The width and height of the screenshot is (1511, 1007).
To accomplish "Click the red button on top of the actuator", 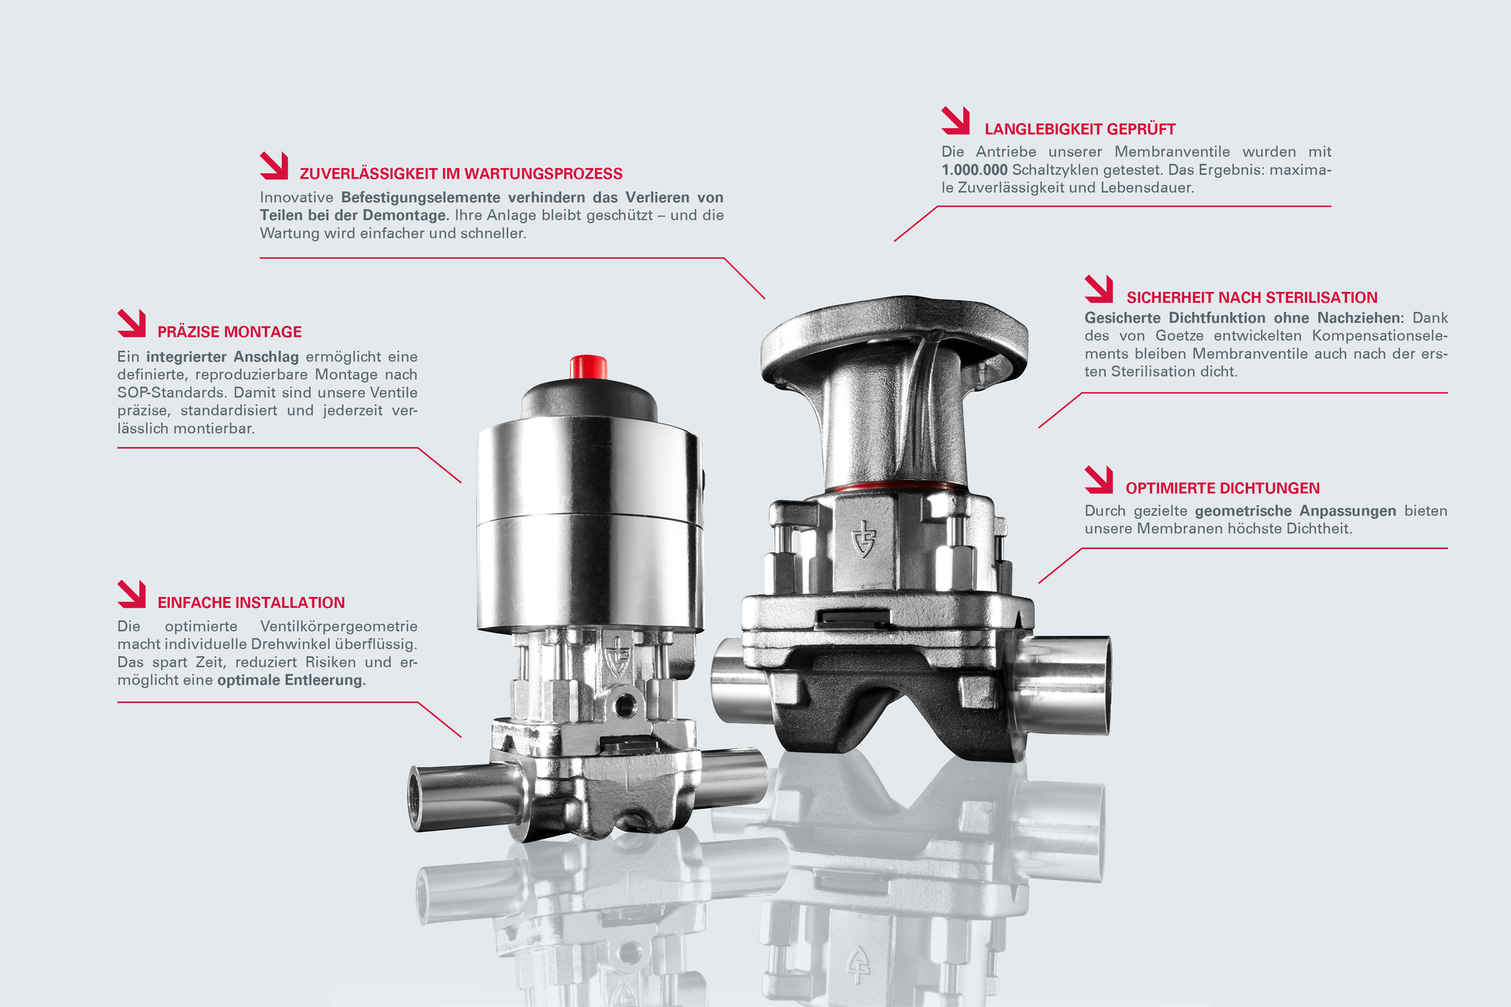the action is pyautogui.click(x=589, y=367).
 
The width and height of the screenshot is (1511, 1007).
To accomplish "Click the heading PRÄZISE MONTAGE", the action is pyautogui.click(x=230, y=332).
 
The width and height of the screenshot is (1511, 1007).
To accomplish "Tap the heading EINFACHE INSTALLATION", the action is pyautogui.click(x=251, y=603).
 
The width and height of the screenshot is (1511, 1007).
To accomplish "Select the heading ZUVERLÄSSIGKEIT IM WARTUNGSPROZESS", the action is pyautogui.click(x=461, y=174).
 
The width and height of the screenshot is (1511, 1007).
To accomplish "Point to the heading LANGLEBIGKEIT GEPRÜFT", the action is pyautogui.click(x=1080, y=129).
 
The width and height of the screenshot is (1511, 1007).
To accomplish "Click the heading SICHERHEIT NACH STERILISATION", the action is pyautogui.click(x=1252, y=297).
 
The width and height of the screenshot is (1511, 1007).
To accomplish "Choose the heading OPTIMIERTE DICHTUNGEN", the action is pyautogui.click(x=1222, y=489).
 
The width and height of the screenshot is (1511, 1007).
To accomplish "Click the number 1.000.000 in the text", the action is pyautogui.click(x=974, y=170).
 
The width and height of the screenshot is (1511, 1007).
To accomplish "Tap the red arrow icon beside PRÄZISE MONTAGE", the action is pyautogui.click(x=132, y=323).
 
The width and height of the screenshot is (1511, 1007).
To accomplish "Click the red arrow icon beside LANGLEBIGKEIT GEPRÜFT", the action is pyautogui.click(x=955, y=121).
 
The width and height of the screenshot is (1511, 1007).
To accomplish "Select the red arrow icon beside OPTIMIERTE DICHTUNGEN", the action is pyautogui.click(x=1099, y=480).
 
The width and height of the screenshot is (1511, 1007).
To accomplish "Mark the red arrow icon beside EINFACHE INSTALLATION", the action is pyautogui.click(x=132, y=594).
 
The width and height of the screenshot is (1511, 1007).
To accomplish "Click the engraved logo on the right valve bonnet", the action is pyautogui.click(x=864, y=539).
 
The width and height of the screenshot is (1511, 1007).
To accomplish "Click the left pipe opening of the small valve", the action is pyautogui.click(x=416, y=798).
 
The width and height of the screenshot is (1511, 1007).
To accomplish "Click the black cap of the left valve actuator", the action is pyautogui.click(x=589, y=399).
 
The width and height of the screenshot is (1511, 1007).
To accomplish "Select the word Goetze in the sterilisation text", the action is pyautogui.click(x=1179, y=336).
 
